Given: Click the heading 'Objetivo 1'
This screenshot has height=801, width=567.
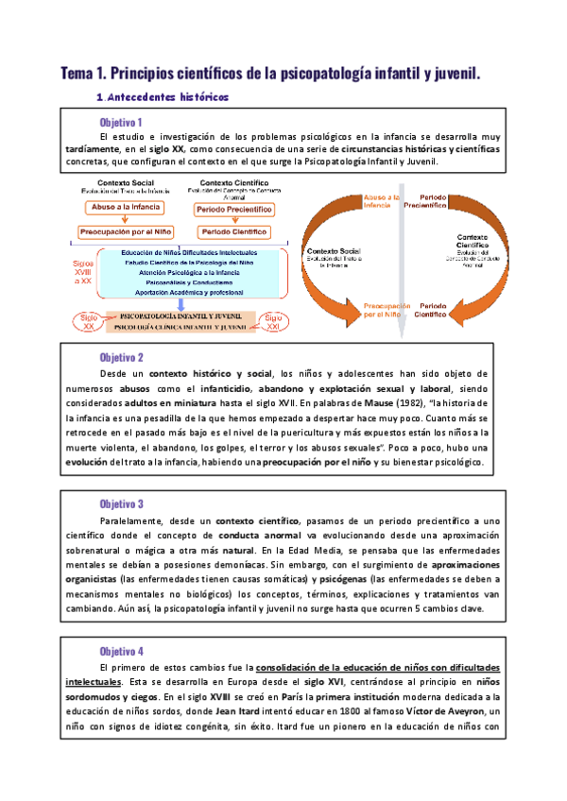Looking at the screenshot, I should [121, 122].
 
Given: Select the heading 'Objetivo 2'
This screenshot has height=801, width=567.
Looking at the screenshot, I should [121, 358].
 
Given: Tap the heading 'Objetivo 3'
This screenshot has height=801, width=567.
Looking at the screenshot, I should [121, 504].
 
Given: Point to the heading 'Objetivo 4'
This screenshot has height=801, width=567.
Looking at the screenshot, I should [121, 652].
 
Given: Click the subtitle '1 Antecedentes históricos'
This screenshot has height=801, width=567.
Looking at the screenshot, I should [162, 96].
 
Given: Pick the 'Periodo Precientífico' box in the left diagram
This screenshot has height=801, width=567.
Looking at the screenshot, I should [234, 207].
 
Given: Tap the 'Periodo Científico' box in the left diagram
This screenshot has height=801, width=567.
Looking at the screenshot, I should [234, 230].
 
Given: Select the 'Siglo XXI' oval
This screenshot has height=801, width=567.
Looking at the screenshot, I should [274, 320].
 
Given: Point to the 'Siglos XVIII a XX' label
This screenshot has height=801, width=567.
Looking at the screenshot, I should [83, 273].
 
